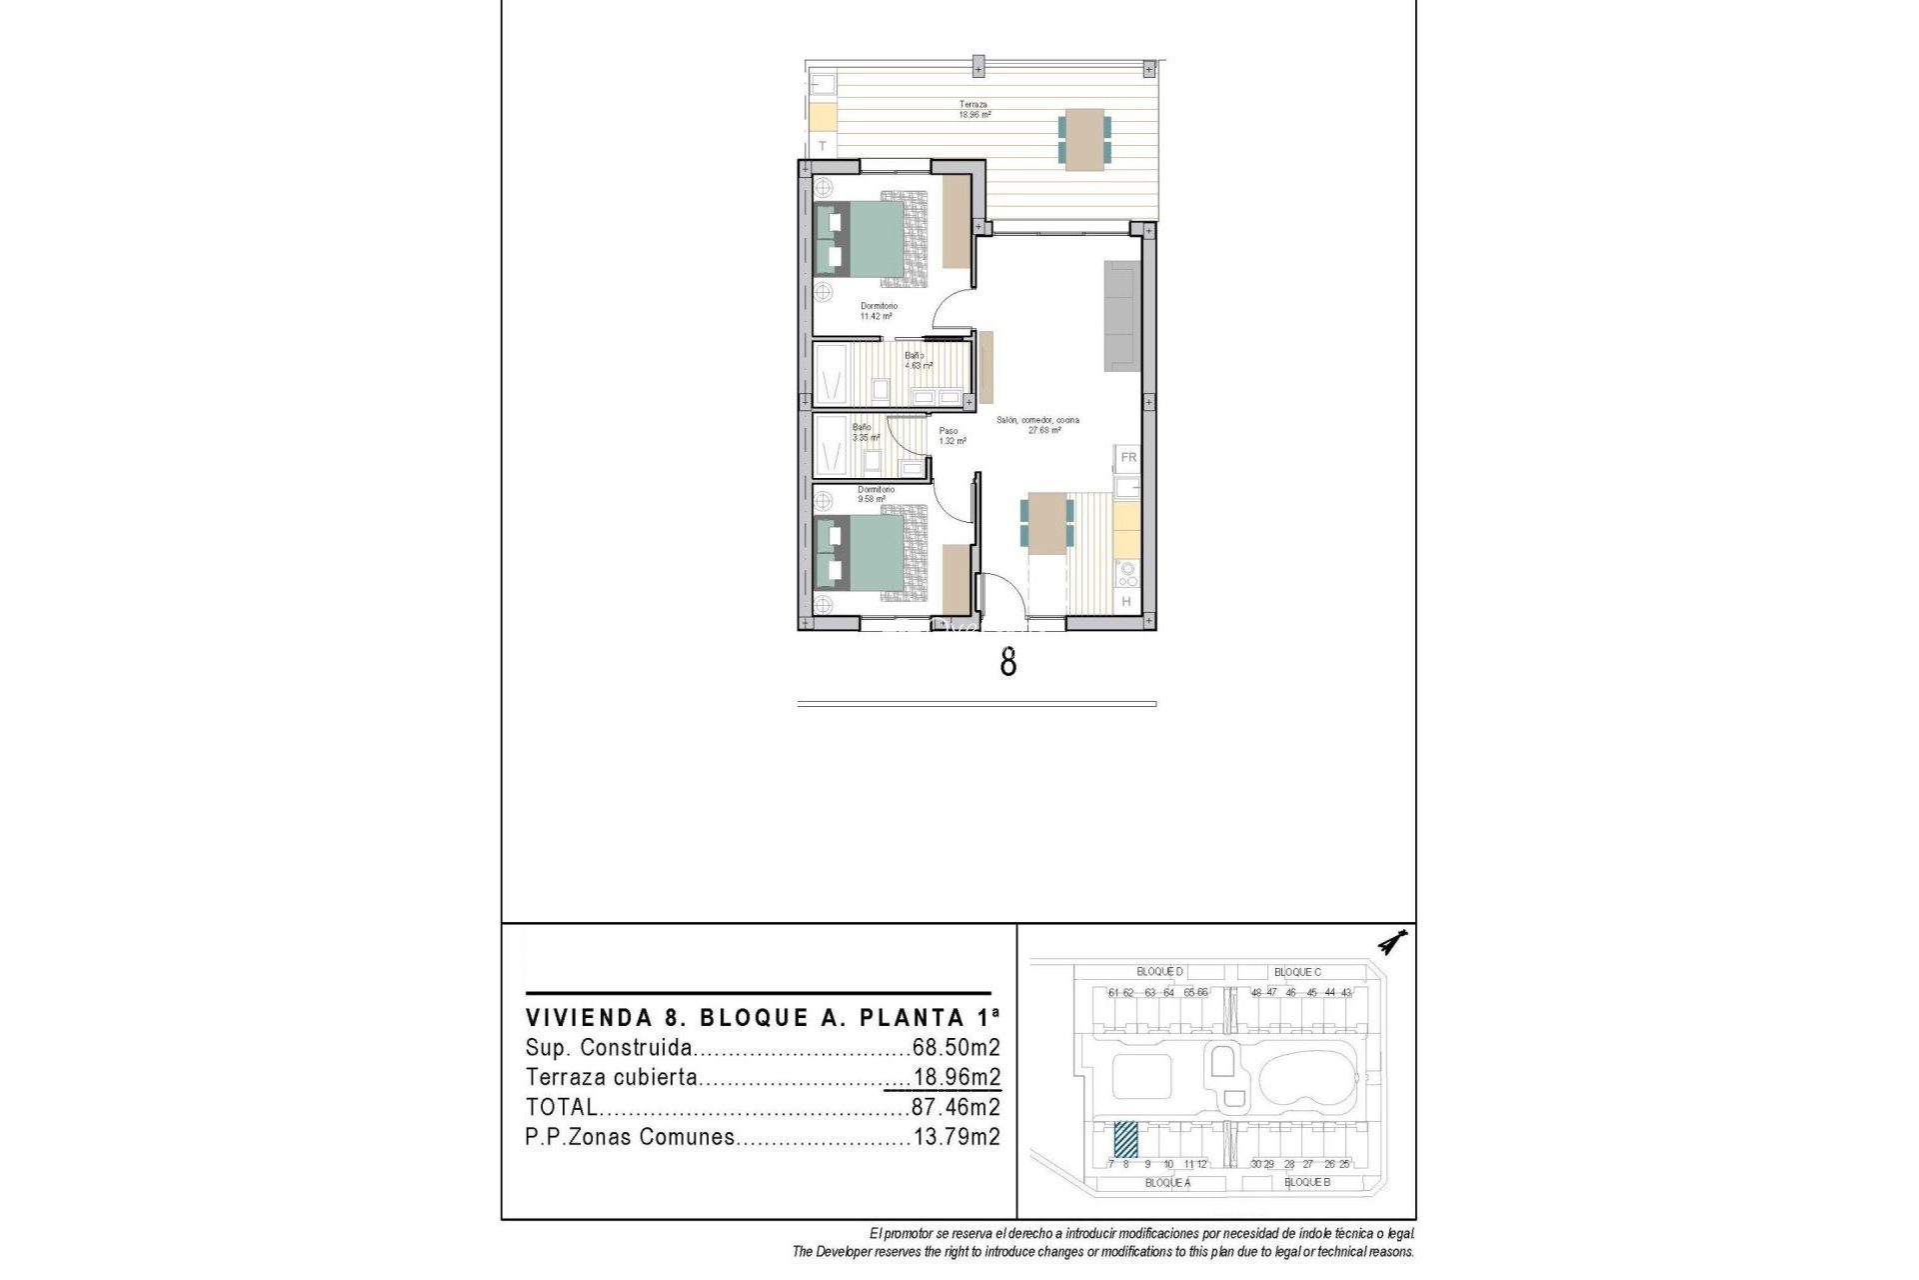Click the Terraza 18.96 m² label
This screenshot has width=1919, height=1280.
click(973, 109)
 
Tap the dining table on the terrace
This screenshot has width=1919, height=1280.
click(1084, 140)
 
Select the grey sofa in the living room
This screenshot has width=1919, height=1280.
click(1121, 316)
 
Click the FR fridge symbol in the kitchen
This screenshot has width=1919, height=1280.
click(1128, 457)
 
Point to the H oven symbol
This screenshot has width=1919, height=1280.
click(1127, 601)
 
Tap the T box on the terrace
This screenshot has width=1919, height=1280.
click(823, 146)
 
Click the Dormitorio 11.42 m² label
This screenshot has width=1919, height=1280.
click(878, 311)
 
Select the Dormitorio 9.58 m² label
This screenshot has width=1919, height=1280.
click(875, 494)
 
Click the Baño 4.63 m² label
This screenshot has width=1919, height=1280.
click(918, 360)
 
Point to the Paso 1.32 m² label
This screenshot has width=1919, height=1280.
click(951, 436)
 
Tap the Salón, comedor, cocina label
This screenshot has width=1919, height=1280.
click(1038, 425)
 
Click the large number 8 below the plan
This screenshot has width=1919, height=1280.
click(1007, 662)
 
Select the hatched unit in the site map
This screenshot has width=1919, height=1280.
click(1125, 1138)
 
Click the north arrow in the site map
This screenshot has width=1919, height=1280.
click(1390, 942)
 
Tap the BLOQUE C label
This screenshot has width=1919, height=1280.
click(1297, 972)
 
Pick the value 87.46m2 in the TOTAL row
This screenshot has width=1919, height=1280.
click(955, 1107)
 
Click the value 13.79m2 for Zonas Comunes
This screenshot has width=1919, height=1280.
click(956, 1137)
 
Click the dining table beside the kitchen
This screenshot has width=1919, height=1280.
click(1046, 523)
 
